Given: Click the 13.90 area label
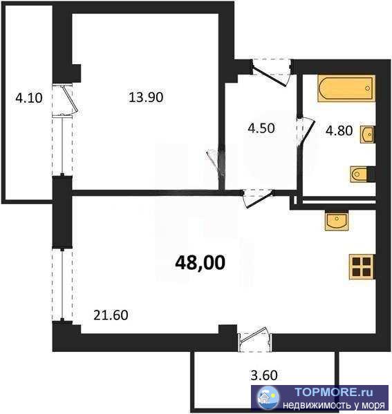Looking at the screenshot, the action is click(146, 97).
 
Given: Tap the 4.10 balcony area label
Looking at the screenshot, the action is click(29, 98).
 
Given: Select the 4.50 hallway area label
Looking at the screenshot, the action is click(261, 128).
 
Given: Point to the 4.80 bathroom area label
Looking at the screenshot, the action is click(339, 130).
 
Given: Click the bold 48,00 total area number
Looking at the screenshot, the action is click(200, 263).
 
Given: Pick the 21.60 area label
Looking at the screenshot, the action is click(111, 315).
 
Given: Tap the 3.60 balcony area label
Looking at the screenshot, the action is click(264, 375).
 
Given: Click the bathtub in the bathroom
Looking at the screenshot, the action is click(347, 88).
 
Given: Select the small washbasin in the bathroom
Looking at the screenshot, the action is click(367, 135).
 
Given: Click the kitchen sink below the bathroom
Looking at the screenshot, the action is click(337, 221).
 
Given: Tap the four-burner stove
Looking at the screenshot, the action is click(362, 266).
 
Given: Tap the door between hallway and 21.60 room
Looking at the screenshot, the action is click(258, 198).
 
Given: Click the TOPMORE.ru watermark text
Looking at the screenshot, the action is click(334, 392).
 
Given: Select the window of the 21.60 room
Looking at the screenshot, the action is click(62, 284).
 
